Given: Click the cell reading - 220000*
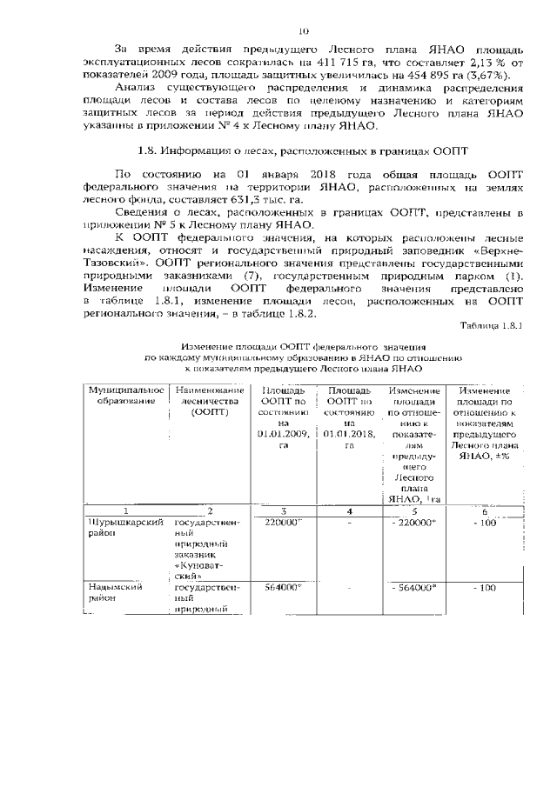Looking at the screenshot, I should (413, 523).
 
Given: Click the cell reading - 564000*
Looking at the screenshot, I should (413, 589).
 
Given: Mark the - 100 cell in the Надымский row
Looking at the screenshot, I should (485, 589).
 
